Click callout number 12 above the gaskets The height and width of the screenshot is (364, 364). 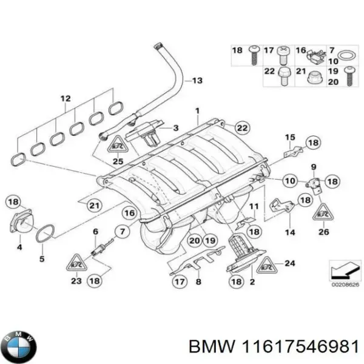coord(66,98)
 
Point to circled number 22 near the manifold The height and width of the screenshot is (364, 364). coord(241,127)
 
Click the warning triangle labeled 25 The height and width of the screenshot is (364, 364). coord(117,145)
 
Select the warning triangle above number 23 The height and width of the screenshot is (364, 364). coord(75,262)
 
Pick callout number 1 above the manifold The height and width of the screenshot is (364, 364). coord(197,112)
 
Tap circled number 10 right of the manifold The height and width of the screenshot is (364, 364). coord(289,180)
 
